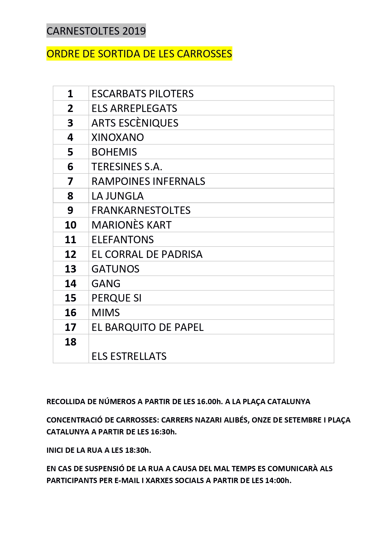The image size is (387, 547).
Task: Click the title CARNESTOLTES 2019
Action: tap(96, 31)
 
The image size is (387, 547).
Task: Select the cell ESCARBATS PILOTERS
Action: tap(143, 94)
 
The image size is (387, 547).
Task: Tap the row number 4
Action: tap(70, 137)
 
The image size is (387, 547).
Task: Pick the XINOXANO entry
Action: tap(118, 137)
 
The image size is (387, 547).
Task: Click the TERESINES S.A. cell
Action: tap(127, 167)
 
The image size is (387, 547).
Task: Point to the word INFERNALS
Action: tap(181, 181)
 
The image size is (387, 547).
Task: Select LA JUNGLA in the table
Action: tap(118, 196)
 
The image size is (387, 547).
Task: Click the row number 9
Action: tap(70, 210)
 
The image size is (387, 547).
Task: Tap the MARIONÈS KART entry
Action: tap(131, 225)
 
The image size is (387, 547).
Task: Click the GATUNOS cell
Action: tap(115, 269)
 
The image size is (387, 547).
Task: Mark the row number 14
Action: tap(70, 283)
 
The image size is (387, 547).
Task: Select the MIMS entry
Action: tap(106, 312)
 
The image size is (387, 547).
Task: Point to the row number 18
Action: tap(70, 342)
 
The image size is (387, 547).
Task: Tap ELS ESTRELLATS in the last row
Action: tap(129, 356)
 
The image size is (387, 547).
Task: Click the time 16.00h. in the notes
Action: tap(210, 402)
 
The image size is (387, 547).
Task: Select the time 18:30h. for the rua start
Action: tap(138, 450)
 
